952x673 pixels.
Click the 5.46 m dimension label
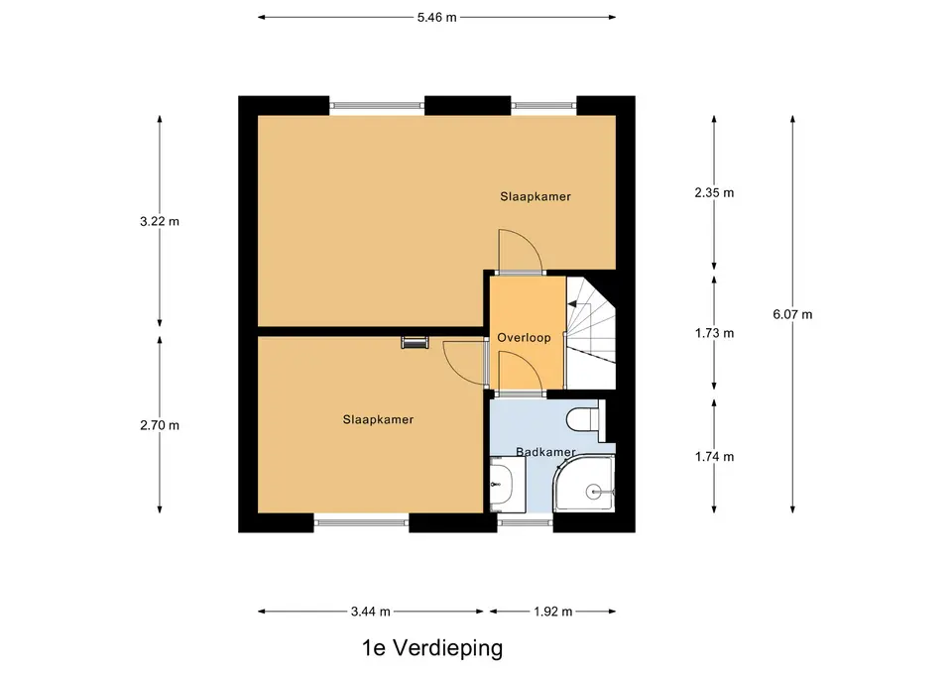tap(436, 18)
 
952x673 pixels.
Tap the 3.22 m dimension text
tap(160, 221)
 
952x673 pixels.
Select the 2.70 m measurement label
tap(160, 425)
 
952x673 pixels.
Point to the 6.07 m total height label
tap(792, 314)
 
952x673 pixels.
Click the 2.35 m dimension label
tap(714, 193)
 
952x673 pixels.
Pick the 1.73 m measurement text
tap(714, 333)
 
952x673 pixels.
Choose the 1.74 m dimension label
tap(714, 457)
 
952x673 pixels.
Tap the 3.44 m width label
tap(370, 612)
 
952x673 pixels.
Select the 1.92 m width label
tap(553, 612)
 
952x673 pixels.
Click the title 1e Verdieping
tap(432, 648)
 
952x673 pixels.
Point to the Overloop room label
tap(524, 338)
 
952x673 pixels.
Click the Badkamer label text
tap(545, 452)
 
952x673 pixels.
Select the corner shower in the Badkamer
tap(584, 484)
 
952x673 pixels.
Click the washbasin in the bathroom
tap(508, 485)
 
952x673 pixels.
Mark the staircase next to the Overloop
tap(591, 333)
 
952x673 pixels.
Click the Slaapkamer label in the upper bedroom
tap(535, 196)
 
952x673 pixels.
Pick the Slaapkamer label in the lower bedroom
tap(378, 419)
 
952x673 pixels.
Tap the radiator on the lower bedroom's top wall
tap(415, 342)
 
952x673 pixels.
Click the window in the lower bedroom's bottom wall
tap(361, 520)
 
